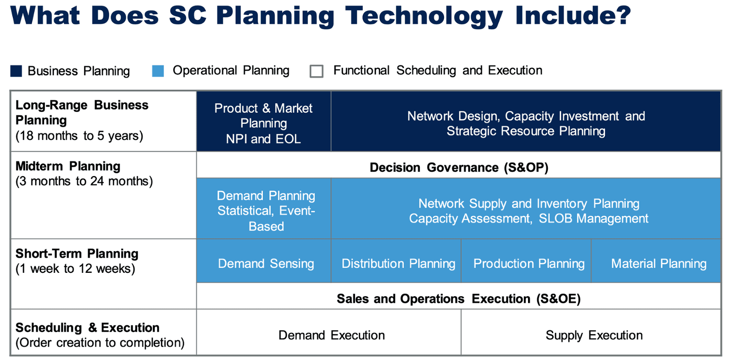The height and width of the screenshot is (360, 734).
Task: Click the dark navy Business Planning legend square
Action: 16,71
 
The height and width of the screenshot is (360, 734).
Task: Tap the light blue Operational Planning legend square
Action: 158,71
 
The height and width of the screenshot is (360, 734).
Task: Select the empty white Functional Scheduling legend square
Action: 317,71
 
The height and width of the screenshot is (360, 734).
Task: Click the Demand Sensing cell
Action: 264,261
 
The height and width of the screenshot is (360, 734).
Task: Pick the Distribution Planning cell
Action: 396,261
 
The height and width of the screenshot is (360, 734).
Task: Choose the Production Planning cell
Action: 526,261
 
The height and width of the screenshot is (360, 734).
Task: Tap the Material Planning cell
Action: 656,261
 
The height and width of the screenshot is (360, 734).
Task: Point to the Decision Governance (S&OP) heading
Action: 459,167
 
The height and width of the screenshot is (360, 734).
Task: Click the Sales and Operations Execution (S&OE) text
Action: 459,299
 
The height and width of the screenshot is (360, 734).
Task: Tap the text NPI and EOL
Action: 263,139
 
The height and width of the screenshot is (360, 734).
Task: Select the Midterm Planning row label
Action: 68,166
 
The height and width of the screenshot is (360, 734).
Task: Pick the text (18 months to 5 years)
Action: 79,136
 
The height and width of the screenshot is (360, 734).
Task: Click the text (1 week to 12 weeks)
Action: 75,269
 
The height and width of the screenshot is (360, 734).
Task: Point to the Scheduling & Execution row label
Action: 88,327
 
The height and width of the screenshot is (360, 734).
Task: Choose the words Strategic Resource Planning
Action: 526,131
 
